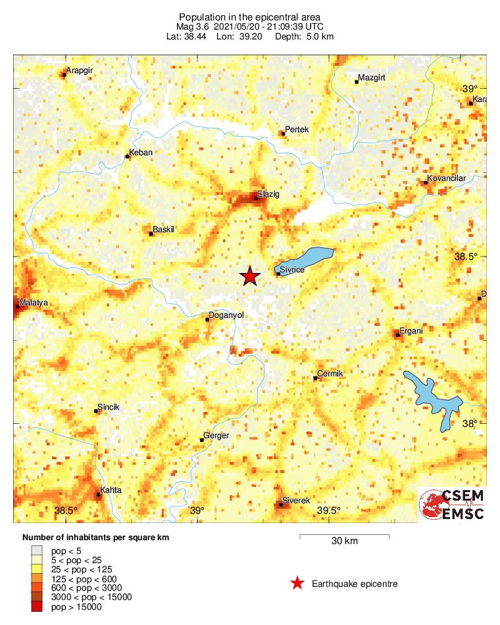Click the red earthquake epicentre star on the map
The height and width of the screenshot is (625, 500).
[x=249, y=276]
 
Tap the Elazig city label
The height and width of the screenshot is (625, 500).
[x=268, y=194]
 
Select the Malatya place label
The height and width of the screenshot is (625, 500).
[x=34, y=303]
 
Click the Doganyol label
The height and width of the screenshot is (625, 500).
[x=226, y=315]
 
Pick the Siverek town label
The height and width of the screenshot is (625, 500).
[x=295, y=501]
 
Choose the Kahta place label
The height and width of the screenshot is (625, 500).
[x=110, y=491]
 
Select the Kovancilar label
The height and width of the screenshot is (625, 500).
[x=447, y=178]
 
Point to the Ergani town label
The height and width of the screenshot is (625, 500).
[x=411, y=331]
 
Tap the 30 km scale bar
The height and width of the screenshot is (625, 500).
[x=344, y=537]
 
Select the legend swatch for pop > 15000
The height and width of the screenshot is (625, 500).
[x=37, y=607]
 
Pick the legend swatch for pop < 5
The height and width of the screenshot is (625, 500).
[x=37, y=550]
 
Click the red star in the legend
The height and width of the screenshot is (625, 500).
[x=297, y=583]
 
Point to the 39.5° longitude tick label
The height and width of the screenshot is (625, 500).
[x=328, y=511]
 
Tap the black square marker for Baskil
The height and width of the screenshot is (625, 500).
[x=151, y=234]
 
